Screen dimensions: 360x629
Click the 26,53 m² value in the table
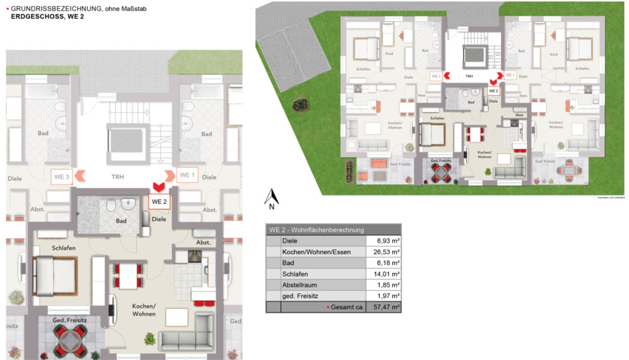(x=384, y=252)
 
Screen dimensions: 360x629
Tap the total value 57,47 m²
(x=384, y=307)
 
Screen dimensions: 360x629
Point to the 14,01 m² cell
(x=384, y=274)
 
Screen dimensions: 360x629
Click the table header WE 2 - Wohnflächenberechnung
(x=316, y=230)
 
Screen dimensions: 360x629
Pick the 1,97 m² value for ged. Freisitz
(x=384, y=296)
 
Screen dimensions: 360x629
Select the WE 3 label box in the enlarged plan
(x=62, y=176)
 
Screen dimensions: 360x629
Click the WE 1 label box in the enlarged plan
(x=187, y=175)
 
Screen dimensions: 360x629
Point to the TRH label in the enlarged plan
(x=117, y=177)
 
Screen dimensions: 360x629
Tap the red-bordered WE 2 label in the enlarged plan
(x=159, y=201)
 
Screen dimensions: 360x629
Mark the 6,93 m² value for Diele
(x=384, y=241)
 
